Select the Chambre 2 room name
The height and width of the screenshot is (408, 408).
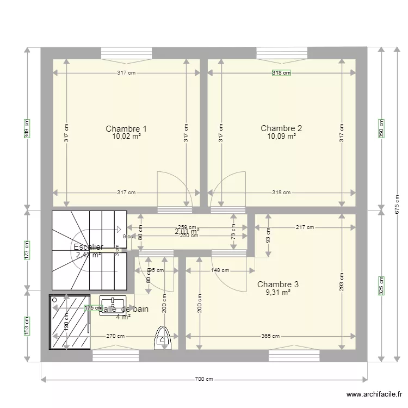click(x=281, y=128)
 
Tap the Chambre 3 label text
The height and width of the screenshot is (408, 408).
click(x=277, y=284)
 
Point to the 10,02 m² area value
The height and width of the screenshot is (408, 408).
click(x=126, y=137)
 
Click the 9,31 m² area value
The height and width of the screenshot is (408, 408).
click(x=277, y=292)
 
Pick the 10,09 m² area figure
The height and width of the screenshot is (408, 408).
click(x=281, y=137)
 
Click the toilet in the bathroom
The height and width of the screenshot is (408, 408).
click(x=162, y=337)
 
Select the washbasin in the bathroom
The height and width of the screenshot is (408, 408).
click(x=113, y=302)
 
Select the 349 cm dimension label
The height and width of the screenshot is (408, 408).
click(x=27, y=128)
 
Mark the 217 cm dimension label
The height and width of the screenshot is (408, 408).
click(x=305, y=227)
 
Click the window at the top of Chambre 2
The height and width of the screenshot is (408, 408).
click(x=282, y=53)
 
